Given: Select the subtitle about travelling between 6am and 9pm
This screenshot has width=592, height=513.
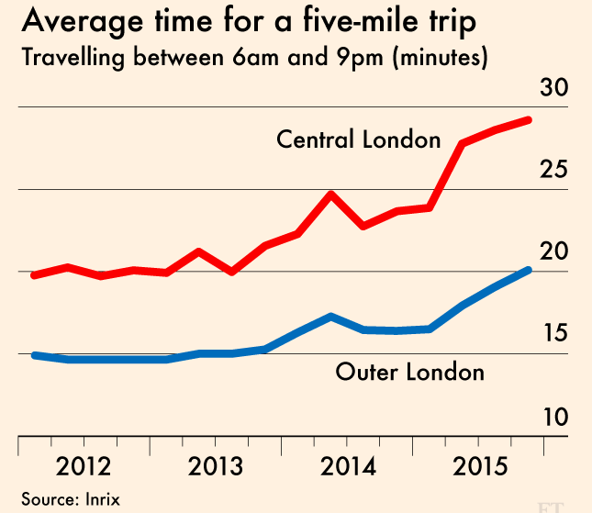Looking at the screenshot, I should pyautogui.click(x=254, y=59).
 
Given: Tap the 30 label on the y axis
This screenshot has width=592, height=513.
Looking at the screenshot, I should pyautogui.click(x=553, y=89).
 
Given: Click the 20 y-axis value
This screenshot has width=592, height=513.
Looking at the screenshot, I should pyautogui.click(x=553, y=252).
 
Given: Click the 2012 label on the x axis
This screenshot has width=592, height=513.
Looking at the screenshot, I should pyautogui.click(x=84, y=465).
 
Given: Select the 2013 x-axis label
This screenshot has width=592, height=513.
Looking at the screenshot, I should pyautogui.click(x=216, y=465).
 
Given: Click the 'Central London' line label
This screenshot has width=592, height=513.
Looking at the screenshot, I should pyautogui.click(x=359, y=140).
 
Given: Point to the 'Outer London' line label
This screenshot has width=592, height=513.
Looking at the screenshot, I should pyautogui.click(x=409, y=372).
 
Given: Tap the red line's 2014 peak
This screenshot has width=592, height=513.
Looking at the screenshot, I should pyautogui.click(x=331, y=195).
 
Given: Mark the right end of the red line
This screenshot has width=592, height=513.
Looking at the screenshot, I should pyautogui.click(x=529, y=120).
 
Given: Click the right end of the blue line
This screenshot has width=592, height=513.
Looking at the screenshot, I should pyautogui.click(x=529, y=269).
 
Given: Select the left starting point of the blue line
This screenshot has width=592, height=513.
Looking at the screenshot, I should pyautogui.click(x=34, y=355).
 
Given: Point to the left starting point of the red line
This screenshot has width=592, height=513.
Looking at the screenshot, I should pyautogui.click(x=34, y=274).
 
